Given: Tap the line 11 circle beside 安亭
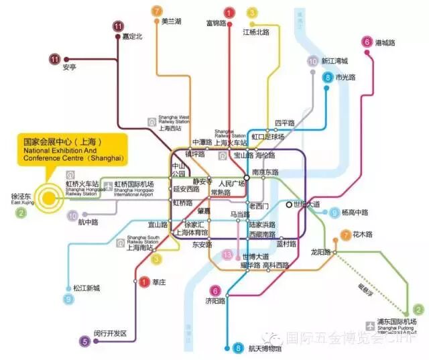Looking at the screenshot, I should click(x=55, y=59).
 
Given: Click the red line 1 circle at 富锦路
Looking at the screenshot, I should click(x=229, y=12).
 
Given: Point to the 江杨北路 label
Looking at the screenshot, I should click(x=256, y=32).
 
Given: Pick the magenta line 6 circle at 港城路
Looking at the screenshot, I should click(x=367, y=42).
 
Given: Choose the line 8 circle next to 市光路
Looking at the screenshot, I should click(x=327, y=78).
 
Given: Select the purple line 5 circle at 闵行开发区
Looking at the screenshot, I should click(x=85, y=341).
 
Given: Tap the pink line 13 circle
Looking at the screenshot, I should click(x=229, y=255).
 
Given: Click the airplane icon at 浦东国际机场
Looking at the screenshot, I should click(x=370, y=325).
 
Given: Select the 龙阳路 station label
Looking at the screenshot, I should click(x=321, y=252).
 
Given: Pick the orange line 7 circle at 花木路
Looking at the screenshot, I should click(x=345, y=235).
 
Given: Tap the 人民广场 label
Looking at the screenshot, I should click(x=232, y=183).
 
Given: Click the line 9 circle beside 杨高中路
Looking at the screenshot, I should click(x=334, y=213).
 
